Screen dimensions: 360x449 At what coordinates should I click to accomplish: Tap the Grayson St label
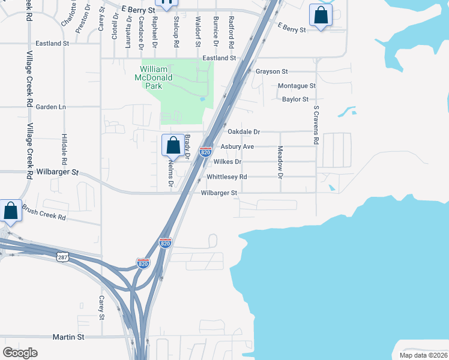(x=272, y=71)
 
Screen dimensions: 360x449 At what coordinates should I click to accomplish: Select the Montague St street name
(x=297, y=86)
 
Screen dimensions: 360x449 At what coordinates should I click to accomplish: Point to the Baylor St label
(x=295, y=100)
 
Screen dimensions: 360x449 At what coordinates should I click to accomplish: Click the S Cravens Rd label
(x=316, y=125)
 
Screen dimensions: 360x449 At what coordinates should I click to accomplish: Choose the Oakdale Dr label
(x=244, y=131)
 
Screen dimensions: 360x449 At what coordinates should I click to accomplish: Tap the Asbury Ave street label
(x=237, y=146)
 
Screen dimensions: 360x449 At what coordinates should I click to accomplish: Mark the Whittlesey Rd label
(x=226, y=177)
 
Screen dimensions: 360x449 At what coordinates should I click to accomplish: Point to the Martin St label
(x=68, y=337)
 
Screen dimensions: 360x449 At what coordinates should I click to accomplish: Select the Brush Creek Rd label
(x=44, y=212)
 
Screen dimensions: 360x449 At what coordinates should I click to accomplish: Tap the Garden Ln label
(x=50, y=107)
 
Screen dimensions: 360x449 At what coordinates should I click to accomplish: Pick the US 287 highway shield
(x=62, y=257)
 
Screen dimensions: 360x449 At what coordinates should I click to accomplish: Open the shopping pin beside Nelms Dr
(x=173, y=145)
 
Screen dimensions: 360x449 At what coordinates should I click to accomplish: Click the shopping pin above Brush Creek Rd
(x=11, y=211)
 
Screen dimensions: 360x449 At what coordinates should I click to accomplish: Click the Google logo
(x=20, y=352)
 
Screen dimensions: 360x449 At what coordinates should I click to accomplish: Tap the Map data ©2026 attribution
(x=423, y=355)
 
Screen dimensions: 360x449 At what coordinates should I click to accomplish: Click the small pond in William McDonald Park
(x=203, y=99)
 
